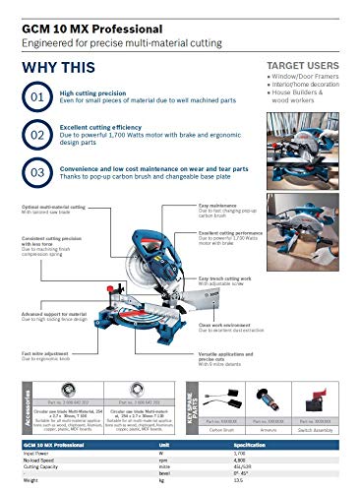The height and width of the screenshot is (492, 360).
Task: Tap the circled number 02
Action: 35,133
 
